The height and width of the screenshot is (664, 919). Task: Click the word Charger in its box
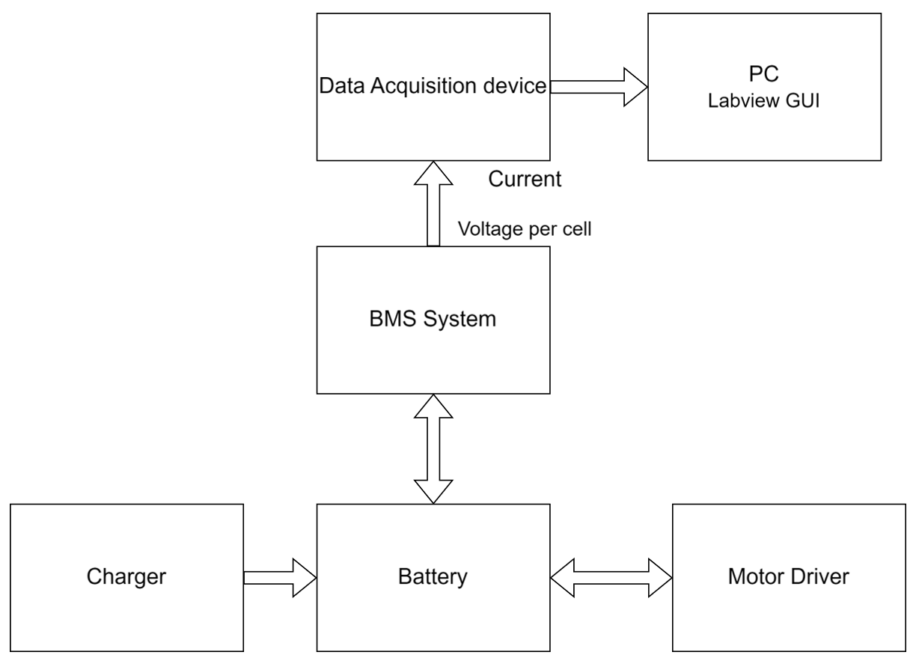[125, 577]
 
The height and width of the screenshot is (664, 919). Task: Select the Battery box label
[433, 577]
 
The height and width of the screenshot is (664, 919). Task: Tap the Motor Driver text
[788, 577]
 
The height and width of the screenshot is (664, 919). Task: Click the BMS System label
[433, 319]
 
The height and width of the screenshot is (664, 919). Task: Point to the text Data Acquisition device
[433, 86]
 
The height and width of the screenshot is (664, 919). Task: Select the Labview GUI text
[763, 103]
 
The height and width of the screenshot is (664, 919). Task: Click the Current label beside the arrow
[524, 180]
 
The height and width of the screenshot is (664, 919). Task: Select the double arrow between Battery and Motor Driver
[611, 577]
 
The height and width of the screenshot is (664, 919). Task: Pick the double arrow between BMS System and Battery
[433, 448]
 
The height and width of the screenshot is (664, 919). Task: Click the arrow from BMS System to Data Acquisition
[433, 206]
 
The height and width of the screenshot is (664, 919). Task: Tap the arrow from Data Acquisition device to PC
[595, 86]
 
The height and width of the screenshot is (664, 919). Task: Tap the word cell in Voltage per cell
[578, 229]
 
